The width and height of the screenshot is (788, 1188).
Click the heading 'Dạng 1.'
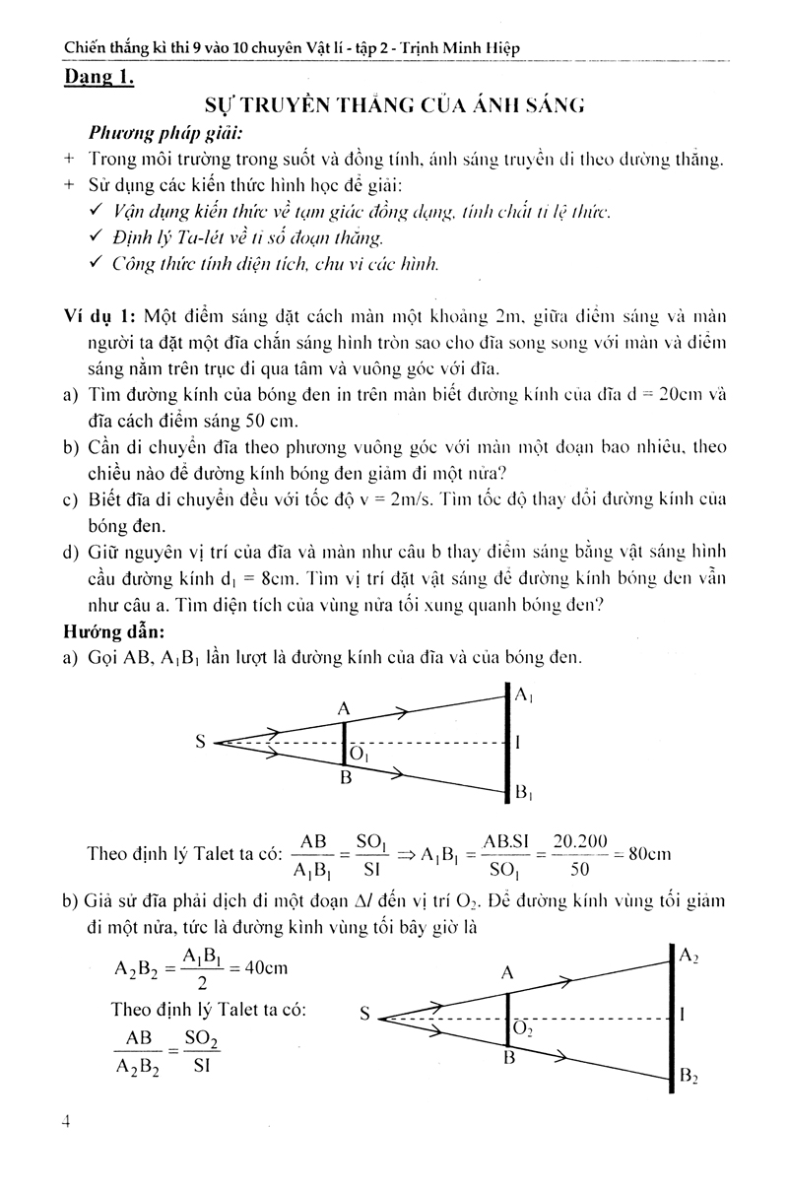point(97,77)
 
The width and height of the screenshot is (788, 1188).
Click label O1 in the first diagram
point(358,756)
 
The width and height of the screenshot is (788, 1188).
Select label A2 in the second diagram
point(689,954)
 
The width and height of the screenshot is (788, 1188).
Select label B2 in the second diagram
point(689,1077)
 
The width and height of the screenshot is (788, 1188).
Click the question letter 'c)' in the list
point(70,500)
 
